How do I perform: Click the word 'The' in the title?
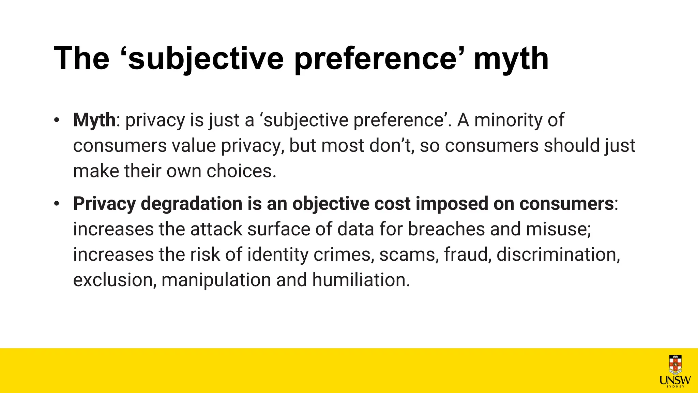81,58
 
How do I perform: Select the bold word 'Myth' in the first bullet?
94,120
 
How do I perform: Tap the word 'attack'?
216,229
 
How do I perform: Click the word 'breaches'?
446,229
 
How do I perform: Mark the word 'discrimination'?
558,254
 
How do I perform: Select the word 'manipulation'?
216,280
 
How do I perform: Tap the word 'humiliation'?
361,280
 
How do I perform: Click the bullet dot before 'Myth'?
57,120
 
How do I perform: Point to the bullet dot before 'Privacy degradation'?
57,204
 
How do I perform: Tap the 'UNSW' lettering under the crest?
675,380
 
